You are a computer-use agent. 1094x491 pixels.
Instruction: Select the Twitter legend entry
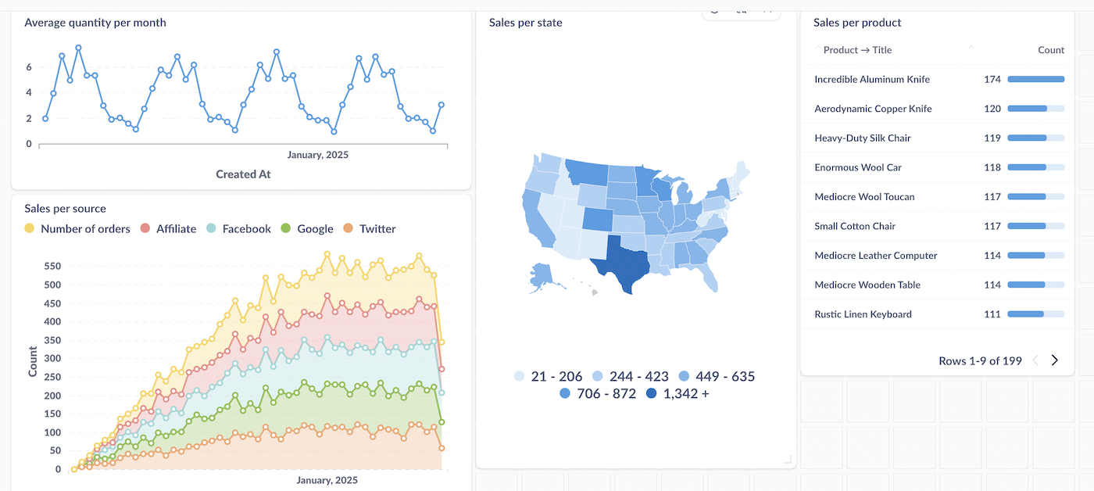click(377, 229)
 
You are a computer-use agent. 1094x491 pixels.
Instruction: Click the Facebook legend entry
click(245, 229)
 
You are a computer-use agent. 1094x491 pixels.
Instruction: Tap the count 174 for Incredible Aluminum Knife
click(992, 80)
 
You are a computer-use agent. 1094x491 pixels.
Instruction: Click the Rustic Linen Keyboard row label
click(863, 314)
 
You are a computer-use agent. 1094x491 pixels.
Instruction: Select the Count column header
click(1050, 50)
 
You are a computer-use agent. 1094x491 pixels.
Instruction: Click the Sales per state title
click(525, 23)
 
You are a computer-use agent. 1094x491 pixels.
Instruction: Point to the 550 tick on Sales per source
click(52, 266)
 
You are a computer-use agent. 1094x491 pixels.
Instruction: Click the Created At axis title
click(243, 174)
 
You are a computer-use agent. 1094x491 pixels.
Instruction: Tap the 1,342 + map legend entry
click(677, 393)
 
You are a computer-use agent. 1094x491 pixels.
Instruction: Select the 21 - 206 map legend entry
click(548, 376)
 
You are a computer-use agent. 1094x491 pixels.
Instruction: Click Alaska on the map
click(541, 275)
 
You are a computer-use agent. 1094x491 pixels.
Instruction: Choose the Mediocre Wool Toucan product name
click(864, 197)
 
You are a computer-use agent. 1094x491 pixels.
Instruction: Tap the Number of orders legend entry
click(78, 229)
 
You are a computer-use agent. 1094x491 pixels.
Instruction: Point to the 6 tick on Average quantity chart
click(29, 67)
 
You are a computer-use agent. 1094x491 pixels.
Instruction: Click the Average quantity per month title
click(95, 23)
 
